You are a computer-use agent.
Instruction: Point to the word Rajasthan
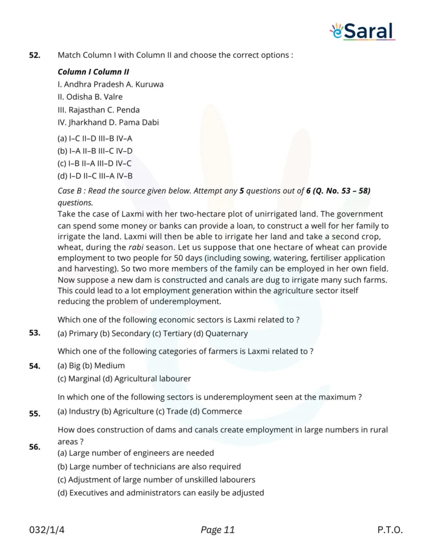[87, 109]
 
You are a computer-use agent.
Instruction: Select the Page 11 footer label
[217, 530]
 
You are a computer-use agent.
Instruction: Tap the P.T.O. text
[390, 530]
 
